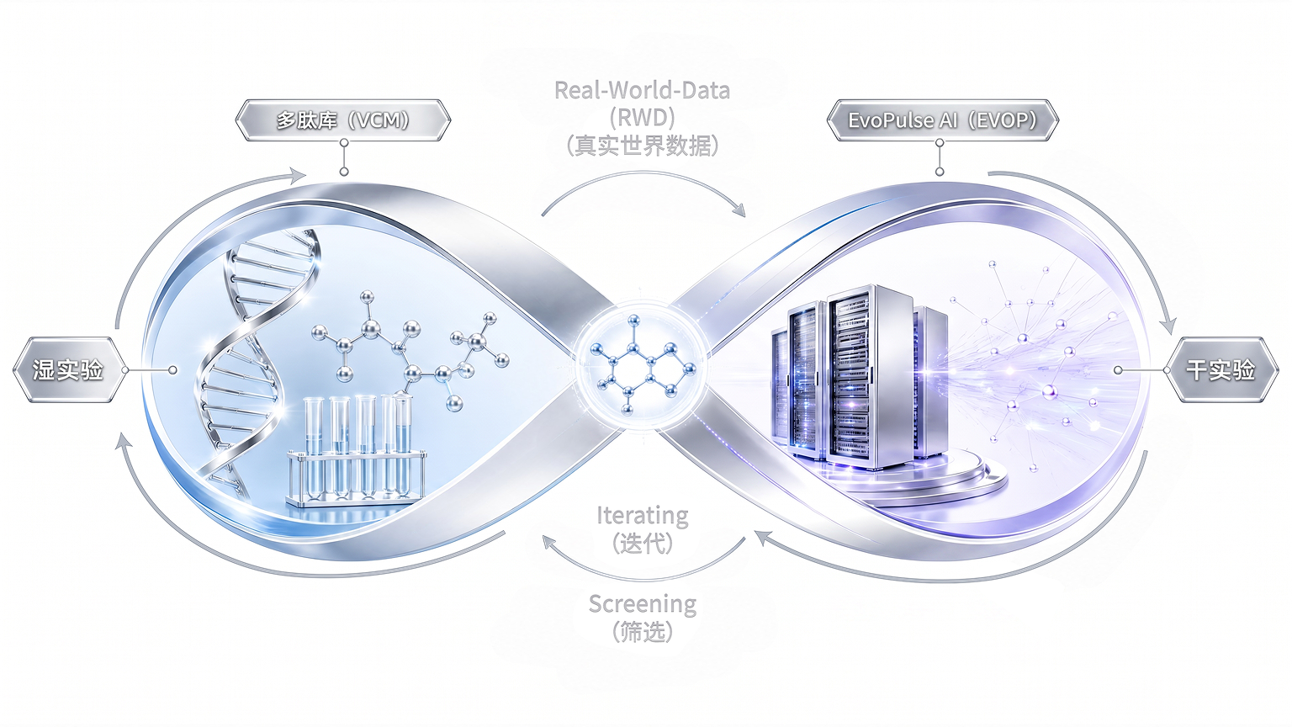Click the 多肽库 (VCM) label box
click(x=343, y=120)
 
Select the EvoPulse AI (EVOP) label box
click(x=942, y=120)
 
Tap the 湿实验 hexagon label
click(x=69, y=370)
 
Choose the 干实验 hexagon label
click(x=1221, y=370)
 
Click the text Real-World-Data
click(x=642, y=91)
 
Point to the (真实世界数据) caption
click(x=642, y=146)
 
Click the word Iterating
click(x=642, y=515)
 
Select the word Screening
click(x=643, y=604)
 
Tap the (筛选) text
click(x=643, y=632)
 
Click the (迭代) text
click(x=643, y=543)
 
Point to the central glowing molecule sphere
click(x=642, y=366)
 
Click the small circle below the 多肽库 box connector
click(x=344, y=172)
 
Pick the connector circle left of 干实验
click(x=1118, y=370)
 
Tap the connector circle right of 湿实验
click(x=172, y=370)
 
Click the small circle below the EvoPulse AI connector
click(x=940, y=172)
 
